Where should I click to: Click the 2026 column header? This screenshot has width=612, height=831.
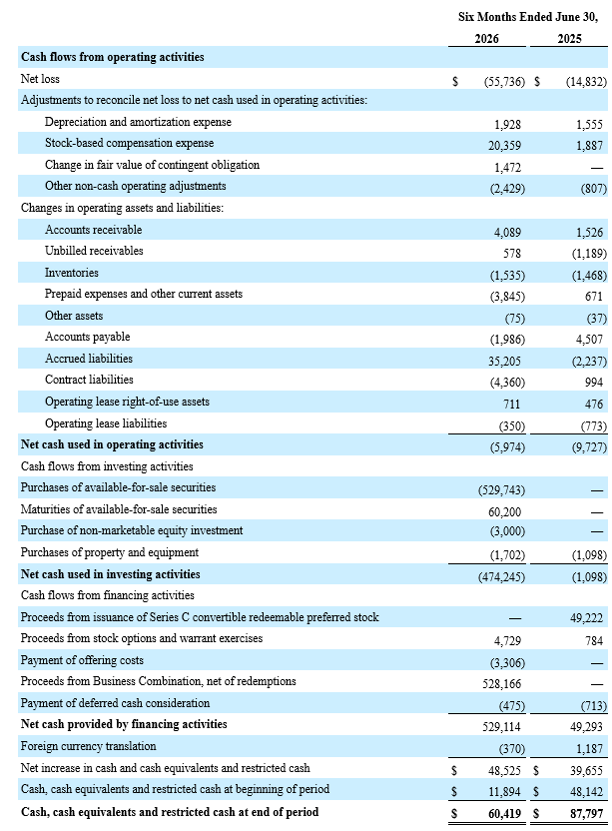tap(486, 39)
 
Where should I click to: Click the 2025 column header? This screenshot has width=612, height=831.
tap(569, 39)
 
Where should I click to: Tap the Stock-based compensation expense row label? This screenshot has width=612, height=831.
tap(129, 143)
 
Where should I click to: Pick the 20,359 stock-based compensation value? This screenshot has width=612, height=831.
tap(504, 146)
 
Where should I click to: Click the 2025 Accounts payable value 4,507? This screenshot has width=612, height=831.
tap(589, 340)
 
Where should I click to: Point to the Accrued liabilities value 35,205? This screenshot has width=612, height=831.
tap(504, 361)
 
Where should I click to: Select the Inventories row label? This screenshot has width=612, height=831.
tap(72, 273)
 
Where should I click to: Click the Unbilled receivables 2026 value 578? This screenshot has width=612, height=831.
tap(512, 254)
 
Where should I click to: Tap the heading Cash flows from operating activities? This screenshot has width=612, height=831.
tap(113, 57)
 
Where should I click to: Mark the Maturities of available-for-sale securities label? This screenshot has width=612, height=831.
tap(119, 509)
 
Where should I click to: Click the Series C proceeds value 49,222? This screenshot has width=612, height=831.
tap(587, 618)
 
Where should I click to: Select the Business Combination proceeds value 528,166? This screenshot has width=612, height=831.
tap(502, 684)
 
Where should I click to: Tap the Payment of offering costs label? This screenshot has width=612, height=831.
tap(82, 660)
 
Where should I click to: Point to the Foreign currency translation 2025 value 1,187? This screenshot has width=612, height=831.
tap(589, 749)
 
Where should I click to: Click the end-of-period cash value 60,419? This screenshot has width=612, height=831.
tap(504, 813)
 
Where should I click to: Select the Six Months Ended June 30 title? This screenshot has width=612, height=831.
tap(528, 17)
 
